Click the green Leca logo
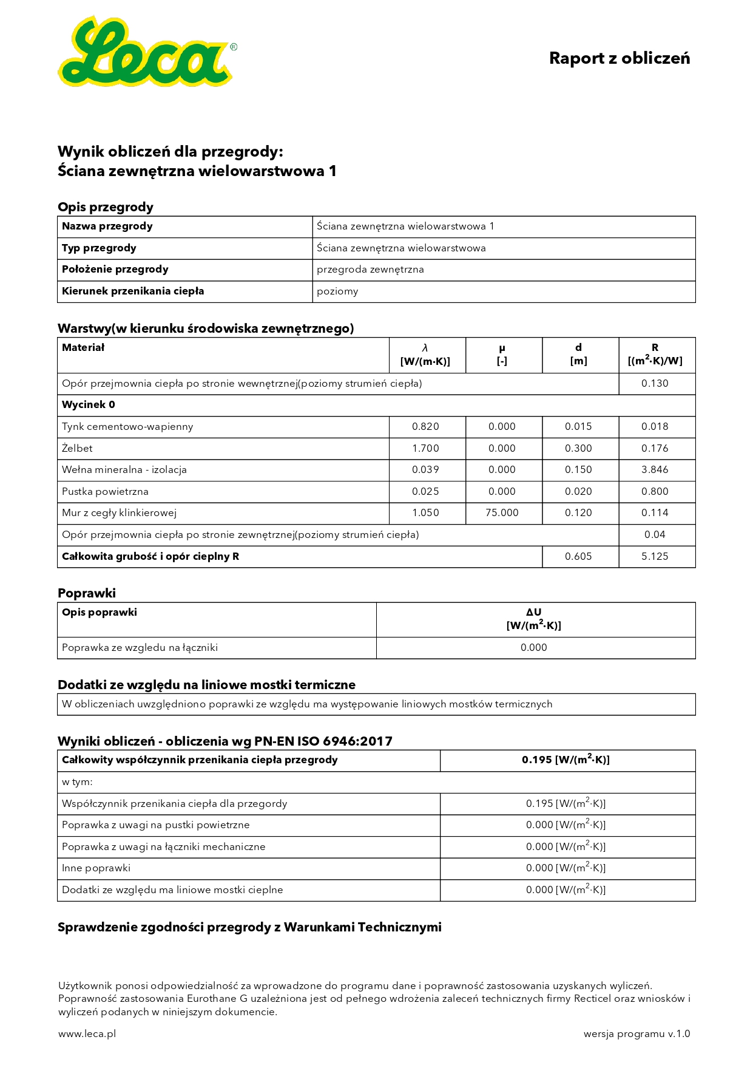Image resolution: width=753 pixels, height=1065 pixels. [x=146, y=53]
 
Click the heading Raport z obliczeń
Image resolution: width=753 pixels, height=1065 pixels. [x=619, y=58]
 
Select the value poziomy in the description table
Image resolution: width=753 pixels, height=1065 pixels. [x=337, y=291]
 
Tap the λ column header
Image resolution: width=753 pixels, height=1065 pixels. [x=425, y=355]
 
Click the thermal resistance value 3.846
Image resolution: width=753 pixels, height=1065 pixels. [x=655, y=470]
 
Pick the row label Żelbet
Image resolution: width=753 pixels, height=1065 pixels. [x=77, y=449]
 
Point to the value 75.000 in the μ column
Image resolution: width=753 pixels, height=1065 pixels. [x=502, y=513]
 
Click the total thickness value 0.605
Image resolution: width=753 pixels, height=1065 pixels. [x=578, y=557]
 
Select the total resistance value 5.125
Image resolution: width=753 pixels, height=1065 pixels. [x=655, y=557]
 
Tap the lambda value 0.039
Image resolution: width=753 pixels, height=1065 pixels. [x=425, y=470]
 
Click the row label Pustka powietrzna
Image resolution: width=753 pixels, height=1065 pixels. [x=105, y=492]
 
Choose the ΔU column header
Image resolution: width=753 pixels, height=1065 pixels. [x=534, y=619]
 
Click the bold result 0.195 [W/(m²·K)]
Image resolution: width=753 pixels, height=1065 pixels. [x=566, y=760]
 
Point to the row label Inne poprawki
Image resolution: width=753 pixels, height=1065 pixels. [x=96, y=868]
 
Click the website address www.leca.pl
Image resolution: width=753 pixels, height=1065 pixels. [x=87, y=1034]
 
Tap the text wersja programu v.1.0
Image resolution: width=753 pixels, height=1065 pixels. [x=637, y=1034]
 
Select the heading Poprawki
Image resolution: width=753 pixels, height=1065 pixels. [x=87, y=593]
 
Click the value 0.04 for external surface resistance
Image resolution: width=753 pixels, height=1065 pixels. [x=655, y=535]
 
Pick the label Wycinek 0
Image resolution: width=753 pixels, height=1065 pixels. [x=88, y=405]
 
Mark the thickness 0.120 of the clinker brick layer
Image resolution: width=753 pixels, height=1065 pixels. [x=578, y=513]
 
